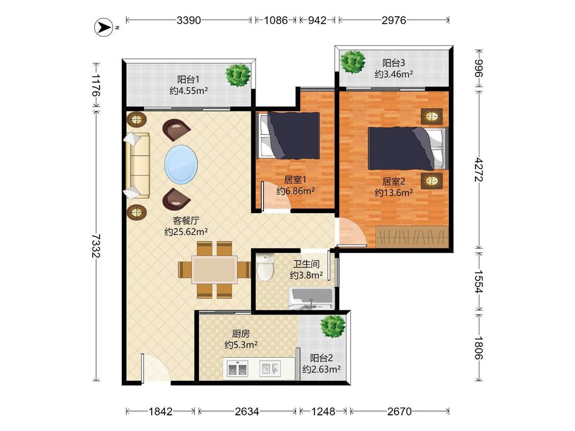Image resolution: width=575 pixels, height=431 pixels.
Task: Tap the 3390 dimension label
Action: click(189, 20)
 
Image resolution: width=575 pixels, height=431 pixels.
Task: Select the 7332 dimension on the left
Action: click(96, 246)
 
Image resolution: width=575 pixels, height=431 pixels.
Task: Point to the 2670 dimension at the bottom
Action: click(399, 412)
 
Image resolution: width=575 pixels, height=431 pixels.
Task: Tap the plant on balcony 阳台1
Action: click(238, 75)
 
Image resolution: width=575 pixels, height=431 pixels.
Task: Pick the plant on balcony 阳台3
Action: click(353, 61)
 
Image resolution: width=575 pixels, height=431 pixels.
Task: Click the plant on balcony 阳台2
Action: click(333, 326)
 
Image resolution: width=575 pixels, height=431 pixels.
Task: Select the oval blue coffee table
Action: click(181, 163)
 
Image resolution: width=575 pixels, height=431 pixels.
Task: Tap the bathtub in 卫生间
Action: click(312, 298)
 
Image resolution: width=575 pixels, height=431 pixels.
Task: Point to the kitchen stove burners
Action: click(237, 369)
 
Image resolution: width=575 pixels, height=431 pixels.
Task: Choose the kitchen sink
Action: click(270, 368)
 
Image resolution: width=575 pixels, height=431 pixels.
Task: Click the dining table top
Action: click(215, 270)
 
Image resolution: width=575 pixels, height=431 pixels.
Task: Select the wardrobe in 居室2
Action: click(412, 236)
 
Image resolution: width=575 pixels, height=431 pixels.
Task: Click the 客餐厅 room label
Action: click(186, 221)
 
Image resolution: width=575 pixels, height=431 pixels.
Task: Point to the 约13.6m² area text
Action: click(394, 193)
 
